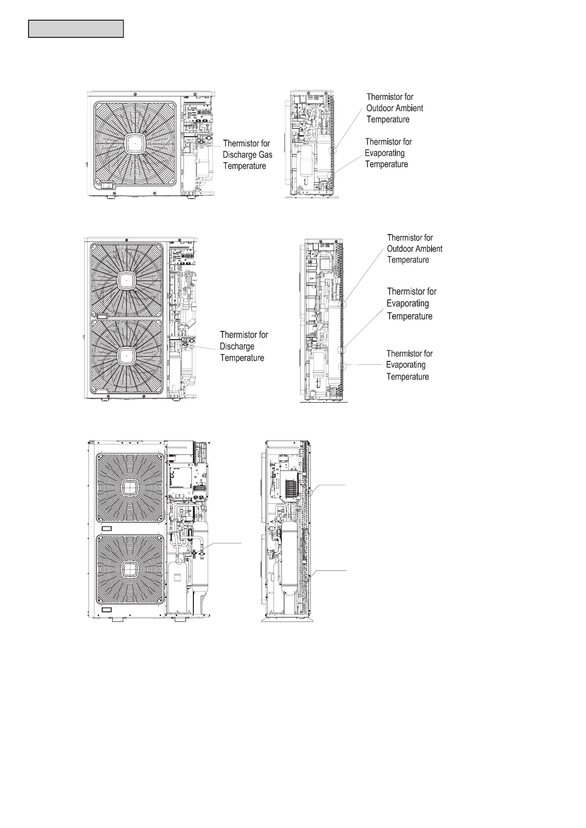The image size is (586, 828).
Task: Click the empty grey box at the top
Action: [x=76, y=29]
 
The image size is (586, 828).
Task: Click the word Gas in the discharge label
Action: [x=265, y=154]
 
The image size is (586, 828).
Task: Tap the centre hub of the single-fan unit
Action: [x=135, y=143]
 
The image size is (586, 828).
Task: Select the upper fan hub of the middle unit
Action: [x=126, y=281]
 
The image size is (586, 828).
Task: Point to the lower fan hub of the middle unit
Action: [x=126, y=355]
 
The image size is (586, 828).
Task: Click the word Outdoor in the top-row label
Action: [x=380, y=108]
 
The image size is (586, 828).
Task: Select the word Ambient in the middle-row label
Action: [x=429, y=249]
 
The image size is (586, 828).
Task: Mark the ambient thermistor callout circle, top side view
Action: [x=333, y=150]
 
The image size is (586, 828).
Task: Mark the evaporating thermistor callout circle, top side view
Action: [x=332, y=174]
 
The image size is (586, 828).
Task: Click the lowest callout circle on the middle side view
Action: [x=342, y=367]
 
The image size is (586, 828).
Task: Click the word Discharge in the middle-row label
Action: [x=237, y=346]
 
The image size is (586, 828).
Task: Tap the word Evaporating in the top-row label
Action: [x=385, y=153]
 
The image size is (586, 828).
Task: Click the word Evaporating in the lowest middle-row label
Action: [x=406, y=365]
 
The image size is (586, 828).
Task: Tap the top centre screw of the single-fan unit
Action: [x=135, y=94]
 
